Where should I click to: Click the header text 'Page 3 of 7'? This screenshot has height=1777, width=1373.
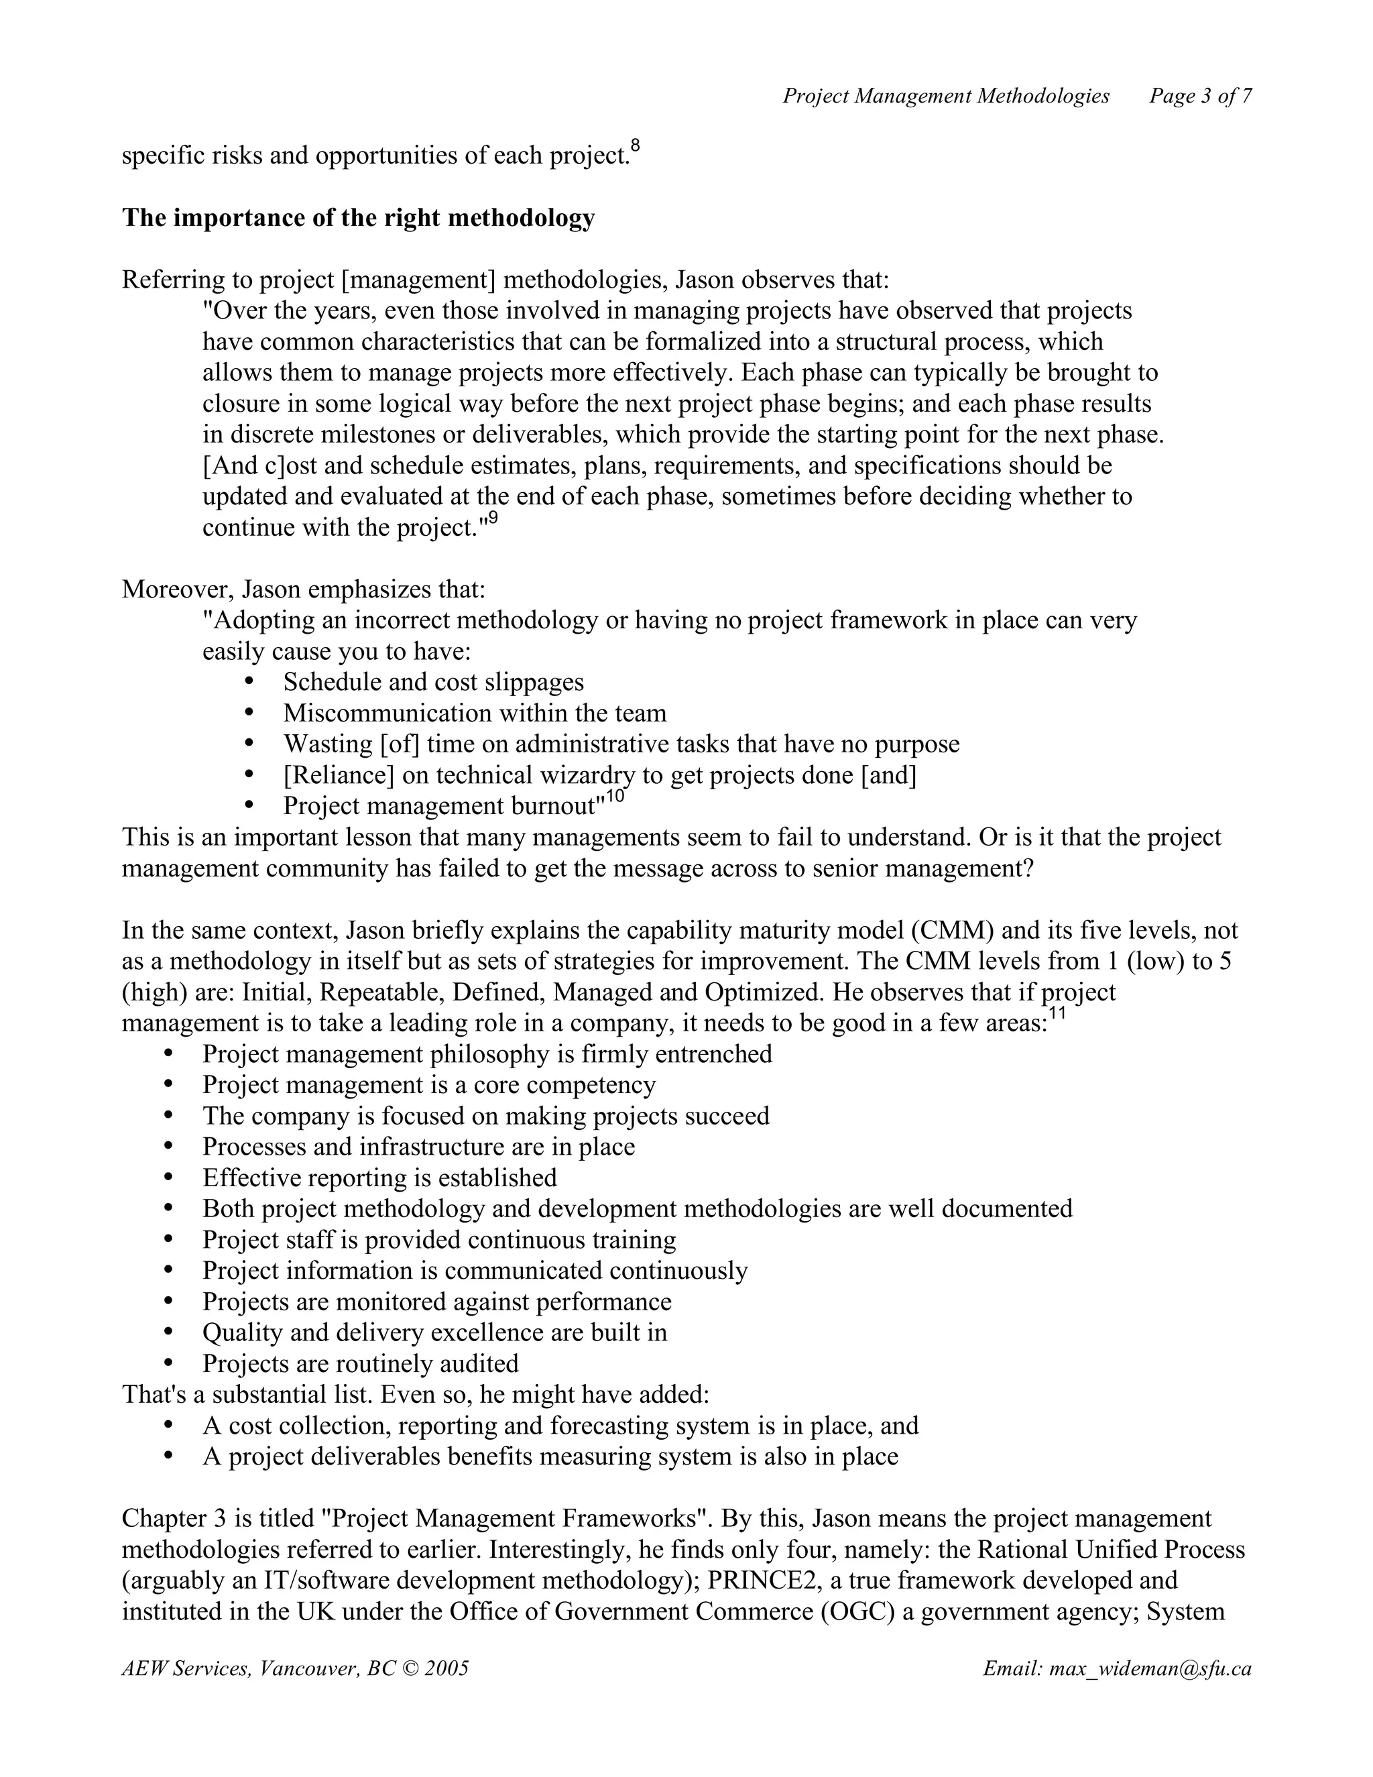(1200, 96)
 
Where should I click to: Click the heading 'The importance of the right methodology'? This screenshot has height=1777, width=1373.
(358, 218)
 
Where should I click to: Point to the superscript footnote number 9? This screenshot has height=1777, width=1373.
(492, 518)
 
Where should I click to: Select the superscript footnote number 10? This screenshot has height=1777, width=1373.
(615, 796)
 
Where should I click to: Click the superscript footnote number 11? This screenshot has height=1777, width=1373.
(1057, 1014)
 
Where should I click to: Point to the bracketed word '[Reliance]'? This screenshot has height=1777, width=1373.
(339, 775)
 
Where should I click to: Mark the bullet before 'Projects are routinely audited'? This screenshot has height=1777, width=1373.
(168, 1361)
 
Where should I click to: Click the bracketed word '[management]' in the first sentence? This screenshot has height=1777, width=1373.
(418, 280)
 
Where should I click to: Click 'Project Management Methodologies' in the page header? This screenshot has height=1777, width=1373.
(945, 96)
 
